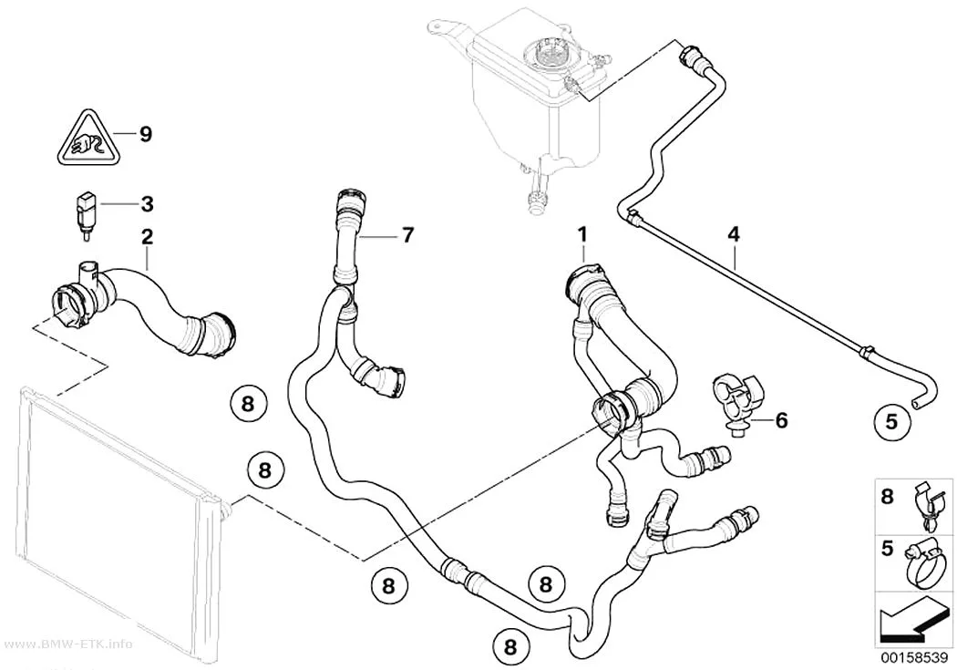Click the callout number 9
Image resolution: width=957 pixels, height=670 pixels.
click(145, 134)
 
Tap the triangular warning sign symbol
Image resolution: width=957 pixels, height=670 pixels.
click(90, 140)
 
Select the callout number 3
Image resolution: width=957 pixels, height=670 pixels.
click(147, 204)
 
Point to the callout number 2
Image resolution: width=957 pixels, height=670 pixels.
click(147, 237)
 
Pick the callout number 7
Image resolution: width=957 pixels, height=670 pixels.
click(407, 234)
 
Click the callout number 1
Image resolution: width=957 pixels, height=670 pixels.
click(582, 233)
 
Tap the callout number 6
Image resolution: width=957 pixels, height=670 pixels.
click(781, 420)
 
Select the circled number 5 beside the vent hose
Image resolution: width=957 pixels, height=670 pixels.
click(891, 421)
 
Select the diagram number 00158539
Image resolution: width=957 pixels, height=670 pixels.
click(913, 658)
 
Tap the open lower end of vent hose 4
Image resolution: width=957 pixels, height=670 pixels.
click(914, 403)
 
